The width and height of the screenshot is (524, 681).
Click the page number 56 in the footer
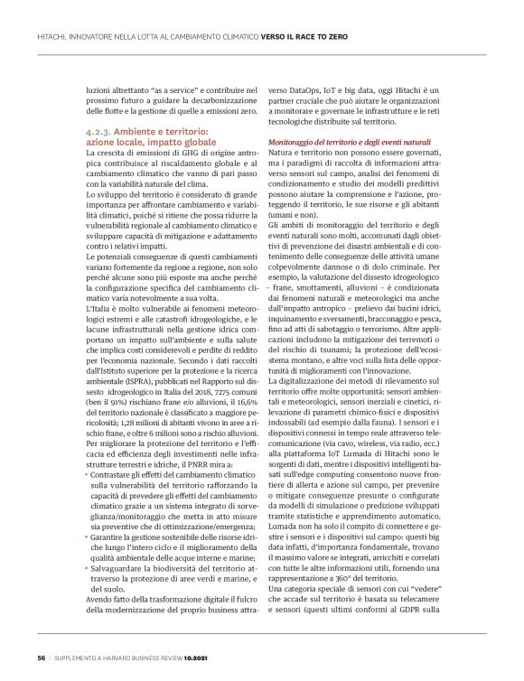tap(41, 658)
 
